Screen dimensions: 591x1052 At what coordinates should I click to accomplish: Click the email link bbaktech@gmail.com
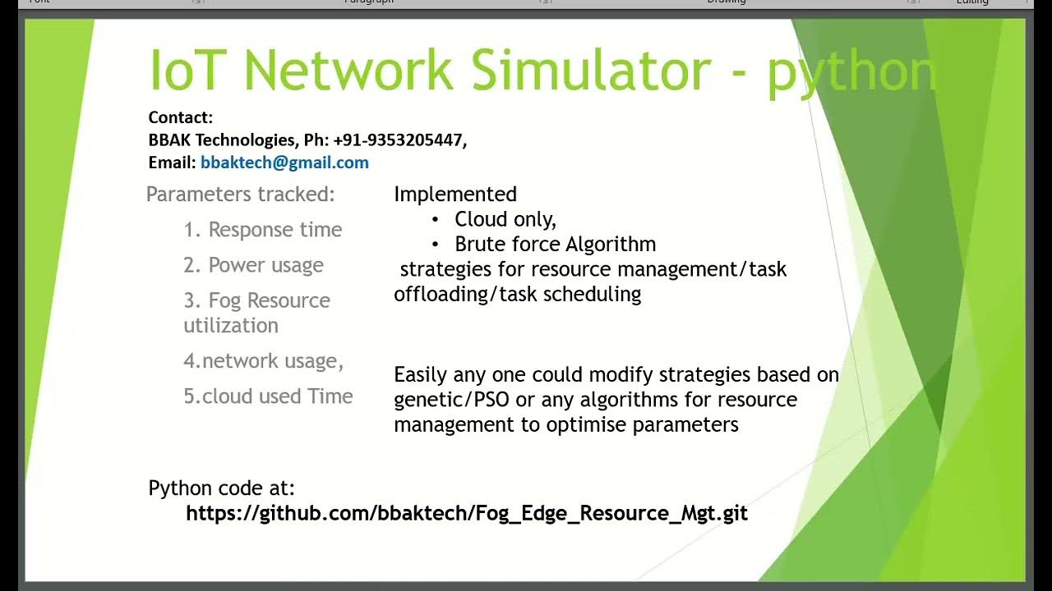tap(284, 163)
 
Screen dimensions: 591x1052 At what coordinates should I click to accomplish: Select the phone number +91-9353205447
tap(399, 140)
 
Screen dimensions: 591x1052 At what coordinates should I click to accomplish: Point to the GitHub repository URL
tap(467, 514)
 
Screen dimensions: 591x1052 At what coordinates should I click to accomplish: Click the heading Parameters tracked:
tap(241, 195)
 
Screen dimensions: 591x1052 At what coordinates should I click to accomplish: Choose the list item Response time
tap(275, 230)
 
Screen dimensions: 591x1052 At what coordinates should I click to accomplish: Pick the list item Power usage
tap(265, 265)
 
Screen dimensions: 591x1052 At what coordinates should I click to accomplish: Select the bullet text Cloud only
tap(505, 219)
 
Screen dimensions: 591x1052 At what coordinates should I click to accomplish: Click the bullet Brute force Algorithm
tap(555, 245)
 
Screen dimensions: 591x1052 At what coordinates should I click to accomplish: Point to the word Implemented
tap(455, 195)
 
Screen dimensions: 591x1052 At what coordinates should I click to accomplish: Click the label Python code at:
tap(221, 488)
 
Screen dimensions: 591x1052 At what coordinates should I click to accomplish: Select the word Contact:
tap(181, 117)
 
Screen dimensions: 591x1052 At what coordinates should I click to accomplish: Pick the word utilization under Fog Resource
tap(231, 326)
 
